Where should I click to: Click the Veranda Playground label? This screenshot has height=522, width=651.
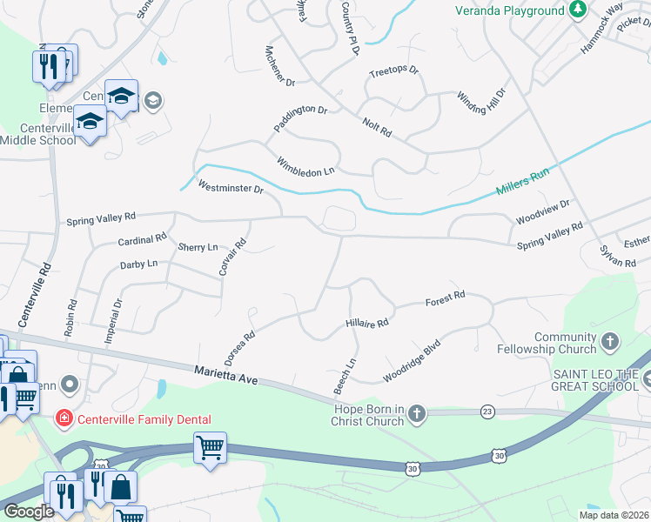[x=510, y=10]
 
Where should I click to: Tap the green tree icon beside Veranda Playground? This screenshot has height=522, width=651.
[x=577, y=10]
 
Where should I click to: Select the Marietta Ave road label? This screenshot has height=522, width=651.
[x=227, y=375]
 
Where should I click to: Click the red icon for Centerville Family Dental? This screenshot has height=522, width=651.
[x=64, y=419]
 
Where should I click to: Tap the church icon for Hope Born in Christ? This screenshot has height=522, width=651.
[x=417, y=414]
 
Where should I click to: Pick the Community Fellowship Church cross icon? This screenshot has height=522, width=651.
[x=611, y=342]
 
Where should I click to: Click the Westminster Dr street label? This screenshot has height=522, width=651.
[x=230, y=187]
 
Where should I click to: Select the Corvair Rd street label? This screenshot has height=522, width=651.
[x=229, y=258]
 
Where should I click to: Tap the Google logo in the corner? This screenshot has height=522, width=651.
[x=29, y=512]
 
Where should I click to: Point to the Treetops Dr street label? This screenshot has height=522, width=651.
[x=393, y=71]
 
